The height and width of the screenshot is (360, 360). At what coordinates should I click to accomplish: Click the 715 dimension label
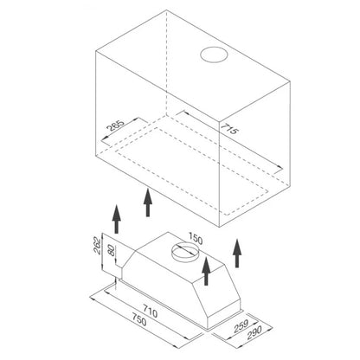point(230,129)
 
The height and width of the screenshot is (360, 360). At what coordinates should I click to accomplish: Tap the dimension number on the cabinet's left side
point(115,125)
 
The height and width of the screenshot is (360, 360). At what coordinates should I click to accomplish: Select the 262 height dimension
point(98,246)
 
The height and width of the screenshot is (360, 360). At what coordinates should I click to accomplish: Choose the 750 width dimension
point(139,318)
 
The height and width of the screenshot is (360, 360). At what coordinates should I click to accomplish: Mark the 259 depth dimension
point(241,325)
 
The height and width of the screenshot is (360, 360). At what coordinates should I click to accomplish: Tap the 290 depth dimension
point(254,332)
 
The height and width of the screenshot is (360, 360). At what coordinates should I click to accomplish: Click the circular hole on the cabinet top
point(213,55)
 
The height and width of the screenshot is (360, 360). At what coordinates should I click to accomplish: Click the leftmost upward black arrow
point(116,219)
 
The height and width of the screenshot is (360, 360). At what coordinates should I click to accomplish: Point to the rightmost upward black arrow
point(237,253)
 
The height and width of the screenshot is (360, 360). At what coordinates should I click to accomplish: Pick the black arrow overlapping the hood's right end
point(206,271)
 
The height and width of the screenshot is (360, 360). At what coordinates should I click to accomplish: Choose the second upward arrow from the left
point(148,202)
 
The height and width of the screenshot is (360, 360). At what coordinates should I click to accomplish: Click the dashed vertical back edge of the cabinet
point(166,62)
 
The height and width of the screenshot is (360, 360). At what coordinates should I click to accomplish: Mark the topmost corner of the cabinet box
point(166,10)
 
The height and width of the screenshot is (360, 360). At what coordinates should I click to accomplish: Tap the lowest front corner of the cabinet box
point(220,227)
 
